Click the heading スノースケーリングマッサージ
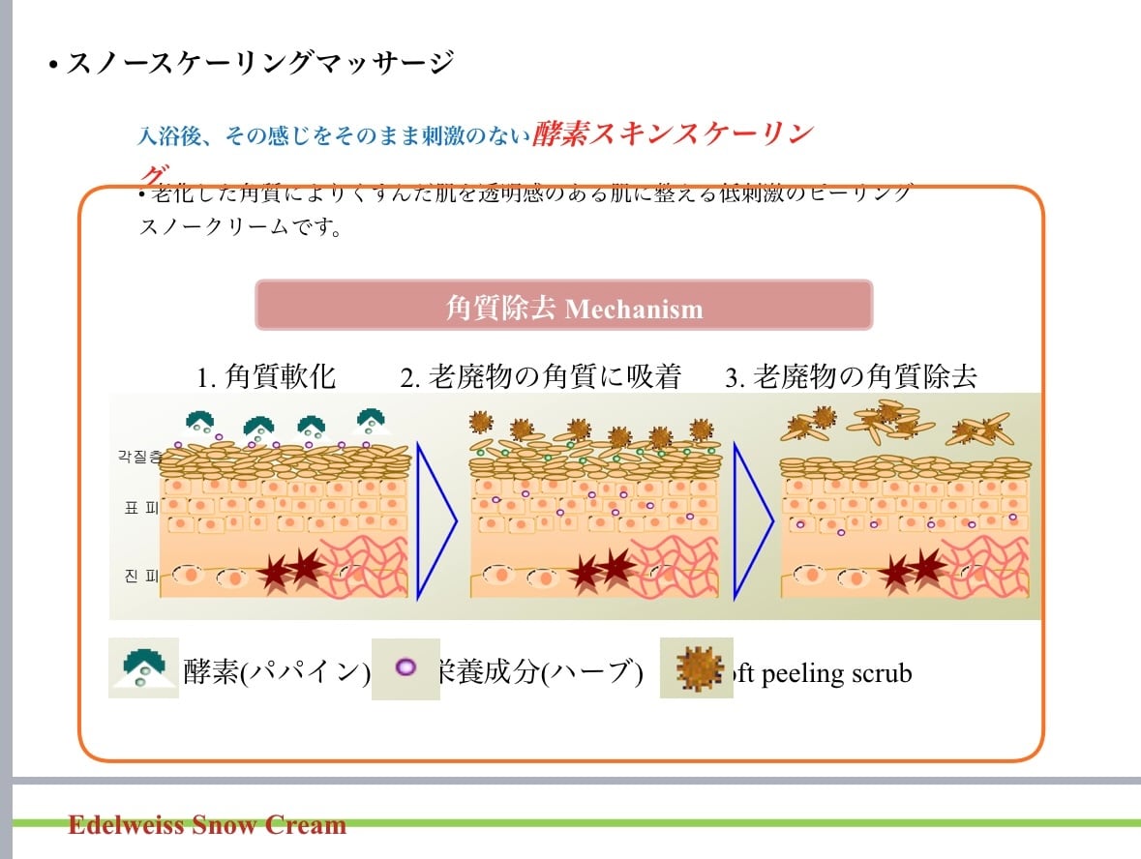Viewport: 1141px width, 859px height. click(x=259, y=64)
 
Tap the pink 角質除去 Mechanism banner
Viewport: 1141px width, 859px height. click(x=564, y=307)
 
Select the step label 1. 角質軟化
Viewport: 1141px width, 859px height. click(x=266, y=376)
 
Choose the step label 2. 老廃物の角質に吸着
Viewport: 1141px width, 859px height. click(x=541, y=376)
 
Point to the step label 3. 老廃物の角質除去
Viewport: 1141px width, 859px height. click(x=851, y=376)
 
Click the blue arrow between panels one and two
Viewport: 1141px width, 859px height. click(x=435, y=521)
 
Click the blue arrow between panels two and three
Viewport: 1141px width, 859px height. click(x=751, y=521)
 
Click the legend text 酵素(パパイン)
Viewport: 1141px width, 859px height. click(x=277, y=672)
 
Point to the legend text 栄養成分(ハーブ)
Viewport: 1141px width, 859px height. click(x=540, y=672)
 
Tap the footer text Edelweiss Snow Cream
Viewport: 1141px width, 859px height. click(x=207, y=825)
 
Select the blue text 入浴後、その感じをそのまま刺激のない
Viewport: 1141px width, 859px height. click(x=334, y=136)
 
